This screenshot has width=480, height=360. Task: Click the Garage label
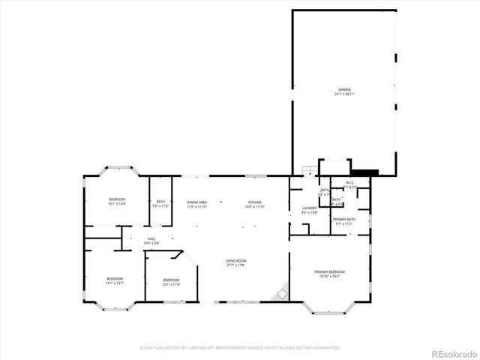344,89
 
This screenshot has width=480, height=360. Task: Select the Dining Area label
197,202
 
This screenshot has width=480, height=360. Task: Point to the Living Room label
235,260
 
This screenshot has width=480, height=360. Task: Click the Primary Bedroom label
330,271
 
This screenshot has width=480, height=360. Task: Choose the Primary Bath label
344,219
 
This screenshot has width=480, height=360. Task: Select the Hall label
151,238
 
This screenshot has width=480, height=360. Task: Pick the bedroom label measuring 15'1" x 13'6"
117,199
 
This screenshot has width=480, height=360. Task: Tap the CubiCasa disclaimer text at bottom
240,348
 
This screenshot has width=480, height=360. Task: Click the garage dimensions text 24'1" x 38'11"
344,94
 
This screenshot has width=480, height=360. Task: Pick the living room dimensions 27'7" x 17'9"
235,265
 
